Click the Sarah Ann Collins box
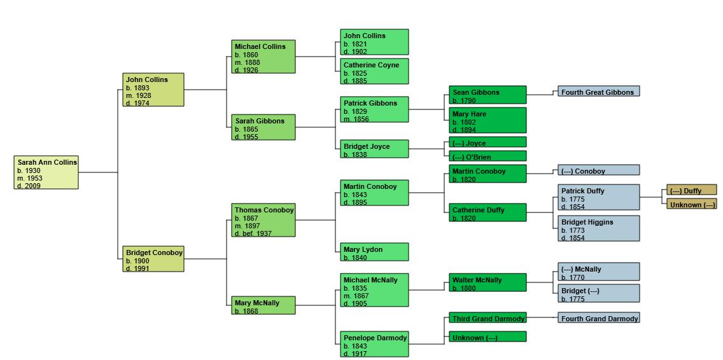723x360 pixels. tap(46, 172)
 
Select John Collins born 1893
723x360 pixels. tap(153, 90)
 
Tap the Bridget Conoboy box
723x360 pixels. tap(153, 259)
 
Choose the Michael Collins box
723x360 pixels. tap(263, 57)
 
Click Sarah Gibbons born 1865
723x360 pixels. tap(263, 127)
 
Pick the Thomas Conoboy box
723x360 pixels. tap(263, 220)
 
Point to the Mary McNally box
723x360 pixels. tap(263, 306)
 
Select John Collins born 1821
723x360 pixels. tap(374, 42)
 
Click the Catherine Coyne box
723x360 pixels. tap(374, 71)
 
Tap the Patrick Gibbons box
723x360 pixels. tap(374, 109)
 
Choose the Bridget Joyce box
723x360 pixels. tap(374, 149)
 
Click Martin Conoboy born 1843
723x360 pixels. tap(374, 193)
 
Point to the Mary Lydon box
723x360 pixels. tap(374, 252)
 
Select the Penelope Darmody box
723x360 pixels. tap(374, 344)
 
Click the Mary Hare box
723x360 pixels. tap(488, 120)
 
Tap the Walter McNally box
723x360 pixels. tap(488, 282)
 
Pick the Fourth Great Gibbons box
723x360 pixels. tap(598, 92)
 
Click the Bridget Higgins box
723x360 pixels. tap(598, 229)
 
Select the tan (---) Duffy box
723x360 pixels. tap(691, 190)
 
